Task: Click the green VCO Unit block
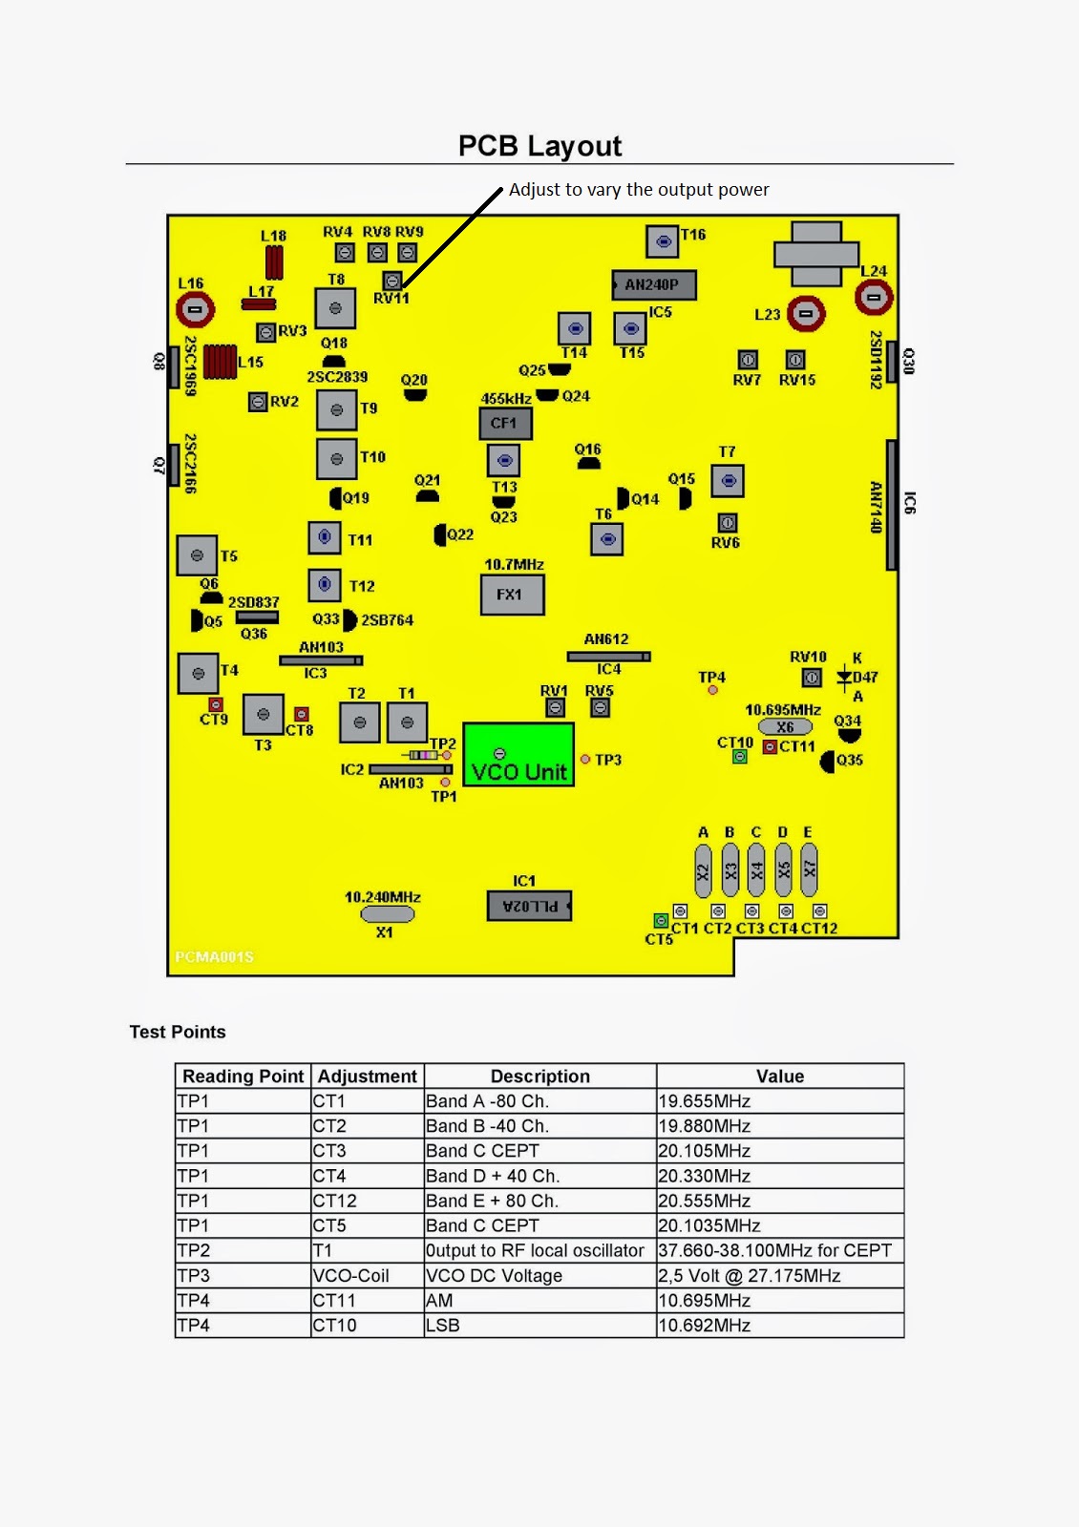point(518,755)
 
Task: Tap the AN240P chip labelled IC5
point(653,284)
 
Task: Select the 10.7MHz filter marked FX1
point(512,595)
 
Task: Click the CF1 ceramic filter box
point(504,423)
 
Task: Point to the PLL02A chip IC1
point(529,906)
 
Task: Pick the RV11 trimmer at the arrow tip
point(391,281)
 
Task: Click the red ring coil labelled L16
point(195,309)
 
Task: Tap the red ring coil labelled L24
point(873,297)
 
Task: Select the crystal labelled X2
point(704,869)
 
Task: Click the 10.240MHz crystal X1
point(387,914)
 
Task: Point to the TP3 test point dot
point(585,760)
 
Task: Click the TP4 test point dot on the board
point(712,690)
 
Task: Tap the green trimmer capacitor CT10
point(739,757)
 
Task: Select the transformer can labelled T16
point(662,241)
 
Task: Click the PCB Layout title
point(539,146)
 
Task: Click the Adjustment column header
point(368,1077)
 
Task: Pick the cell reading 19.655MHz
point(705,1101)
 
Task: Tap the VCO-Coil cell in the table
point(351,1276)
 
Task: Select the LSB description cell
point(443,1326)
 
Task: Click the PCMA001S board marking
point(215,956)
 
